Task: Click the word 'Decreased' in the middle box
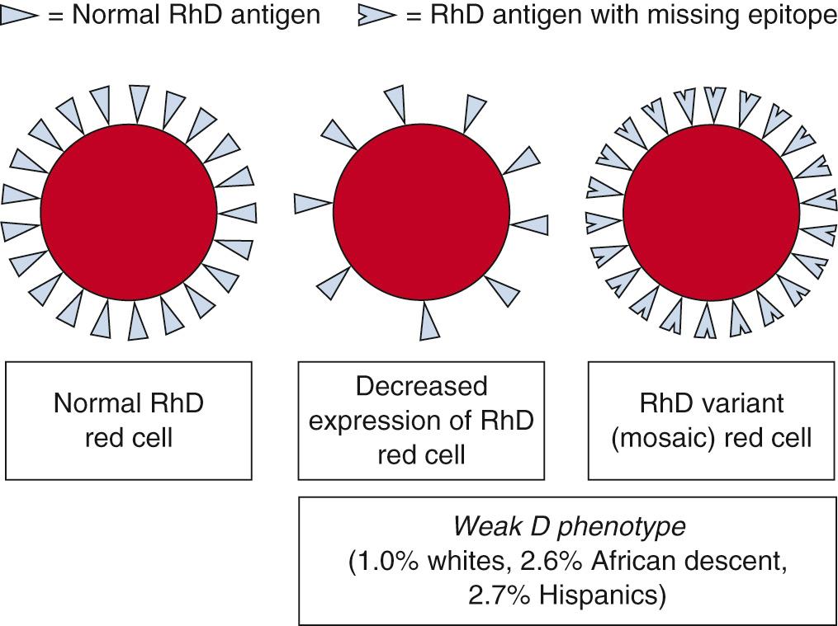click(421, 385)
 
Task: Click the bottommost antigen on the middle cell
click(429, 321)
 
